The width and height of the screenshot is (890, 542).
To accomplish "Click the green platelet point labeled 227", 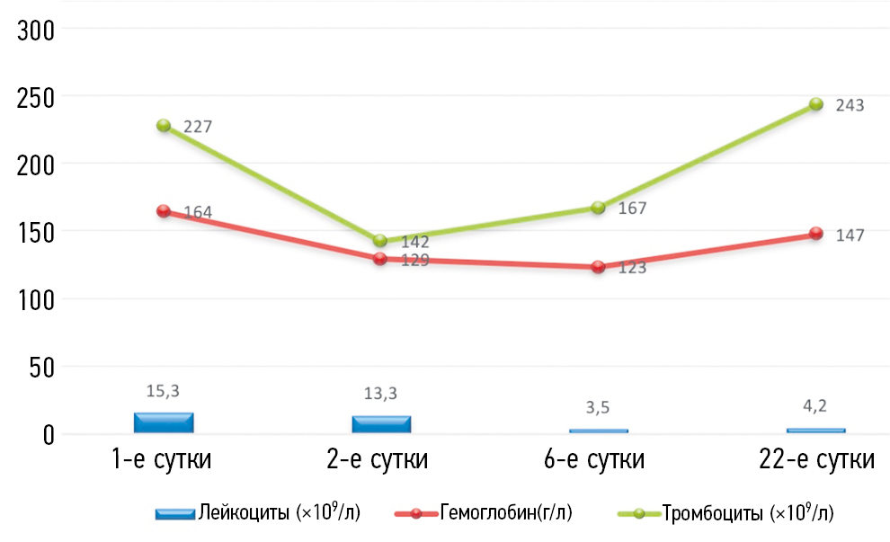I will [164, 126].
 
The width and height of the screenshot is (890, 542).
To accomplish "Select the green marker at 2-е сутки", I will [380, 241].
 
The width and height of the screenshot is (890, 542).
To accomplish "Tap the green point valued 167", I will [598, 208].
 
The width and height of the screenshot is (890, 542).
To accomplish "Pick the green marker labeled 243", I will [815, 104].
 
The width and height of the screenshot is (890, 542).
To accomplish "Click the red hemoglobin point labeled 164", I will [164, 211].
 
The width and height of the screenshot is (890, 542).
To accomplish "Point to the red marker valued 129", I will [380, 259].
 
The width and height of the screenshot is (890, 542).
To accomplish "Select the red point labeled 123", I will [598, 267].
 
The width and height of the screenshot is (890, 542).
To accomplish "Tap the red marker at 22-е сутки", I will [815, 234].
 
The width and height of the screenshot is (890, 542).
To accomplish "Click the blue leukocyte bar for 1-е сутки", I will [164, 423].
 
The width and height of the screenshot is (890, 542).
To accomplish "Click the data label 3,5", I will [598, 407].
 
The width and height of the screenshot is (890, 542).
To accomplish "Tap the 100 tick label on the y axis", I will [36, 300].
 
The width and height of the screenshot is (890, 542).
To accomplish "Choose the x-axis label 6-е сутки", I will [598, 460].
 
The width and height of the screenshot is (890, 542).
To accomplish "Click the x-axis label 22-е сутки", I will [815, 460].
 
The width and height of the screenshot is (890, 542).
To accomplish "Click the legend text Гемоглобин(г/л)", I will [506, 513].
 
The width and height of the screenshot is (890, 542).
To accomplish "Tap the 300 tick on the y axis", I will [36, 31].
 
